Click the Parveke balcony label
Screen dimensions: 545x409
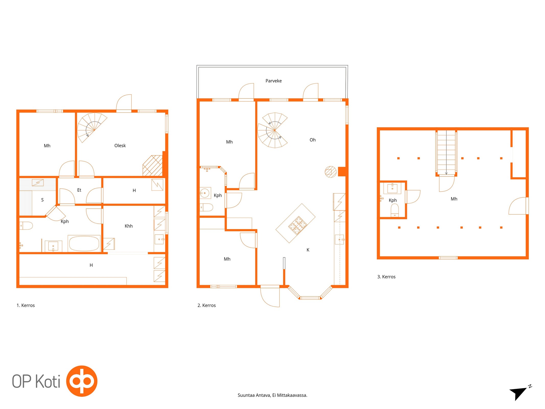click(x=273, y=81)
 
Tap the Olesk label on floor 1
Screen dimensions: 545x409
click(x=120, y=145)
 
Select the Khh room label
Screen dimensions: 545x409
click(x=129, y=226)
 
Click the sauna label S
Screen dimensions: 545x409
click(x=42, y=200)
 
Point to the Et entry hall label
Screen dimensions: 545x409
click(x=79, y=190)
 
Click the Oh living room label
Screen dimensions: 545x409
click(x=312, y=140)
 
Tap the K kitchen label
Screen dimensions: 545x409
click(x=308, y=250)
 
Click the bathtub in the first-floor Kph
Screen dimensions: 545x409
click(x=84, y=243)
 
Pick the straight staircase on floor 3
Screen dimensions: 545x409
click(x=446, y=153)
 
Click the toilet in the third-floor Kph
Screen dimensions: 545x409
click(x=395, y=210)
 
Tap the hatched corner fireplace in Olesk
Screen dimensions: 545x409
click(x=153, y=166)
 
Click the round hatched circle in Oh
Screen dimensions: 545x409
click(x=330, y=172)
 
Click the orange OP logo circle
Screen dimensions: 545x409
click(x=82, y=381)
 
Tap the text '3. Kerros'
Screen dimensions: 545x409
click(x=386, y=277)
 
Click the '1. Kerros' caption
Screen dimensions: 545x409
click(x=26, y=305)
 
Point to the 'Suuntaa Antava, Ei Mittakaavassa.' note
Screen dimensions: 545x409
click(x=272, y=395)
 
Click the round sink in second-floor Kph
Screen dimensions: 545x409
click(x=205, y=193)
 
